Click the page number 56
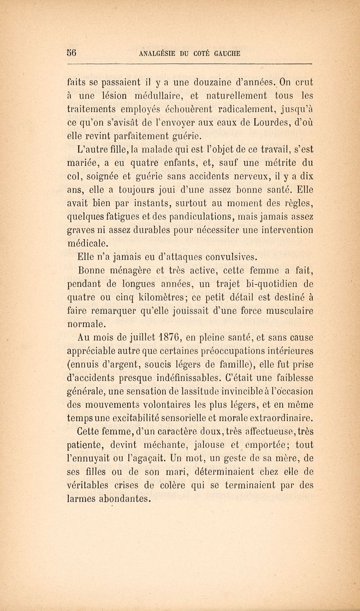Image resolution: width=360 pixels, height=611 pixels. tap(75, 52)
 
